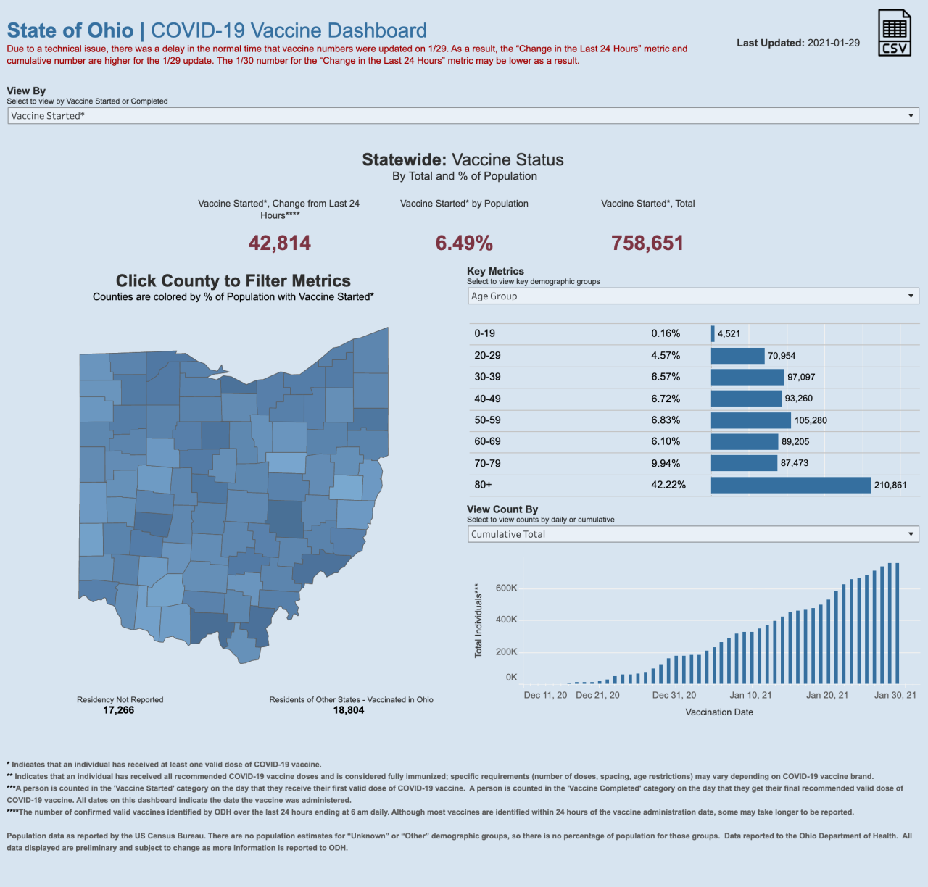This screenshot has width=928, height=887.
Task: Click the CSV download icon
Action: coord(894,33)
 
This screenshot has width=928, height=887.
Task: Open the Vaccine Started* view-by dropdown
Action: coord(463,116)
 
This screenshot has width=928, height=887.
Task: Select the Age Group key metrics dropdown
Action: coord(693,296)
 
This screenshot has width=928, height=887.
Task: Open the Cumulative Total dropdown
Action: coord(693,535)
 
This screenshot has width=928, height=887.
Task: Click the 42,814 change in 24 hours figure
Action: coord(280,243)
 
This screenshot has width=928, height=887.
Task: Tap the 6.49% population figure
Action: coord(464,243)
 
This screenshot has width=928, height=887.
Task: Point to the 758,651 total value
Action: coord(647,243)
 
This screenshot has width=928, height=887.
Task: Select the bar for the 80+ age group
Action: coord(790,485)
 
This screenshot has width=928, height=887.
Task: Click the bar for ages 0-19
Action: coord(713,333)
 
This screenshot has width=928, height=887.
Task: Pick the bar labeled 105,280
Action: coord(750,420)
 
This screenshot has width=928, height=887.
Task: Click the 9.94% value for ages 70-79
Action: coord(666,464)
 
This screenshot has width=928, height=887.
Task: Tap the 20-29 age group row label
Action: coord(487,356)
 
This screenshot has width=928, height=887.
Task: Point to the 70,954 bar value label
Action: coord(782,356)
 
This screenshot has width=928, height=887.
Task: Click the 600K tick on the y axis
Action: coord(506,588)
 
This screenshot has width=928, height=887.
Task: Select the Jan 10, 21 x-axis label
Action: coord(750,695)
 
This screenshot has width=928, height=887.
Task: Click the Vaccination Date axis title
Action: coord(719,712)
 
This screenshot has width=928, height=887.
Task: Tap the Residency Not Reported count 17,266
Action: coord(119,710)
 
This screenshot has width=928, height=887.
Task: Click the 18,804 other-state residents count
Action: coord(349,710)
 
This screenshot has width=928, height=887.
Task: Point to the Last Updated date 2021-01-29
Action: coord(834,43)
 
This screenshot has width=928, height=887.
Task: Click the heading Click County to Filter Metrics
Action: coord(233,281)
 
